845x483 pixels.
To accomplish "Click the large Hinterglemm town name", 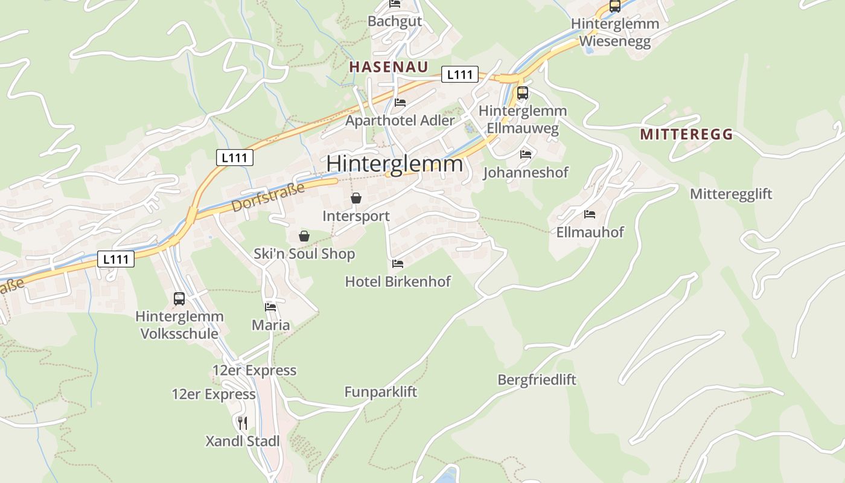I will click(x=395, y=164).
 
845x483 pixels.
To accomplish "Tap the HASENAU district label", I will click(x=389, y=67).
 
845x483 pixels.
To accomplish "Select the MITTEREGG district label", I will click(x=686, y=134).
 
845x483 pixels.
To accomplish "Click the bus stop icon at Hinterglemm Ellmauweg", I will click(x=523, y=93).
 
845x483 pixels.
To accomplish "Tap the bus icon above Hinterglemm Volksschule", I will click(x=179, y=298).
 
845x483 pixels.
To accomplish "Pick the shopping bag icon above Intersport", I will click(x=356, y=198).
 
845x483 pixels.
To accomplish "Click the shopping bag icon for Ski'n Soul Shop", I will click(x=304, y=236).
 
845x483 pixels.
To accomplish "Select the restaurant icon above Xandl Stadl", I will click(x=243, y=423).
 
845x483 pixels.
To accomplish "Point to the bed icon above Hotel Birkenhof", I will click(x=398, y=264).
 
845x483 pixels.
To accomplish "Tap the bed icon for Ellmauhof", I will click(x=590, y=214).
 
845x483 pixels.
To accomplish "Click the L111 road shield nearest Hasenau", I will click(x=459, y=74).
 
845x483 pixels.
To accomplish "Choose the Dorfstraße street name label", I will click(x=268, y=197).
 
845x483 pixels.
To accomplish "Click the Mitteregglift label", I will click(x=731, y=194).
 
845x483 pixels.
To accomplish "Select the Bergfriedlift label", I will click(x=537, y=380).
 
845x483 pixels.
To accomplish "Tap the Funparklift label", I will click(x=380, y=392).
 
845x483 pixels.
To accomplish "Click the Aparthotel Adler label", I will click(x=400, y=121).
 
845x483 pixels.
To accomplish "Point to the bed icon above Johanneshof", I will click(x=526, y=155).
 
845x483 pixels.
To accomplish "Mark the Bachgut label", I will click(x=395, y=21).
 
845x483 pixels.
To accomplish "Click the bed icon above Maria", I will click(x=270, y=307).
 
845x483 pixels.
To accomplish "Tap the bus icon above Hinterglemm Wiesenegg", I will click(x=615, y=6).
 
